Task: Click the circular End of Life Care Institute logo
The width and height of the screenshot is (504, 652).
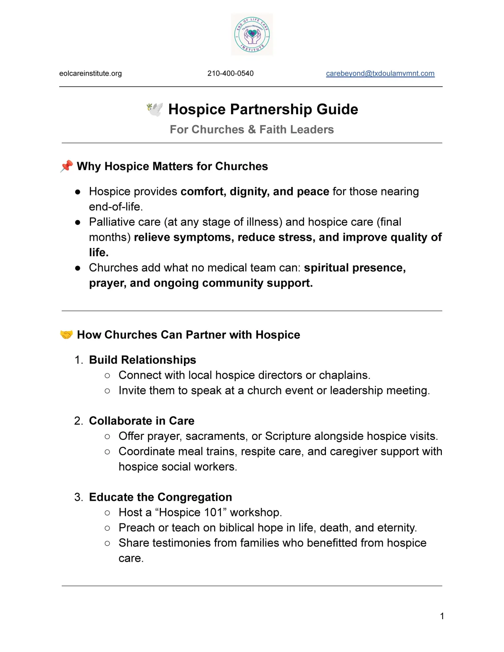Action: pyautogui.click(x=252, y=34)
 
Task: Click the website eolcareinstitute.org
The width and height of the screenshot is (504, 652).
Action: pyautogui.click(x=90, y=74)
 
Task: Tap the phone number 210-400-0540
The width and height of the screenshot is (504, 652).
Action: pyautogui.click(x=230, y=74)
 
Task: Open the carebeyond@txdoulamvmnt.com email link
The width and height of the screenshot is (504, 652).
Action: pyautogui.click(x=380, y=74)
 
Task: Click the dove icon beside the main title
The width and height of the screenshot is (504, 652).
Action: pyautogui.click(x=155, y=109)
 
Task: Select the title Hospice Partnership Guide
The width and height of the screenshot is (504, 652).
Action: pyautogui.click(x=263, y=109)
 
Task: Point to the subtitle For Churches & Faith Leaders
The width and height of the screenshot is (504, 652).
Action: pyautogui.click(x=252, y=129)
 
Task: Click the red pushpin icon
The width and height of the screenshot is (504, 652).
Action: pyautogui.click(x=66, y=166)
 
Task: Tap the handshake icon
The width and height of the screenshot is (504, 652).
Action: pyautogui.click(x=66, y=334)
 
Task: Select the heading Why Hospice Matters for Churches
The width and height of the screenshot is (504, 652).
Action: pyautogui.click(x=172, y=166)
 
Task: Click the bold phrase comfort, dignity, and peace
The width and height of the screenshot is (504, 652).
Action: pyautogui.click(x=255, y=192)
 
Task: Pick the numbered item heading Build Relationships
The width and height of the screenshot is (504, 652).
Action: pyautogui.click(x=142, y=360)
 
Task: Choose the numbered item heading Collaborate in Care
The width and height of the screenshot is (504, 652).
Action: pyautogui.click(x=142, y=421)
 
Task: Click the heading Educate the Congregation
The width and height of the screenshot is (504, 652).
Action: pyautogui.click(x=160, y=497)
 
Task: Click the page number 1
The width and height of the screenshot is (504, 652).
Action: pyautogui.click(x=442, y=616)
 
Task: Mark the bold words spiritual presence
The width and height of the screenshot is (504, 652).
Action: pyautogui.click(x=354, y=268)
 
